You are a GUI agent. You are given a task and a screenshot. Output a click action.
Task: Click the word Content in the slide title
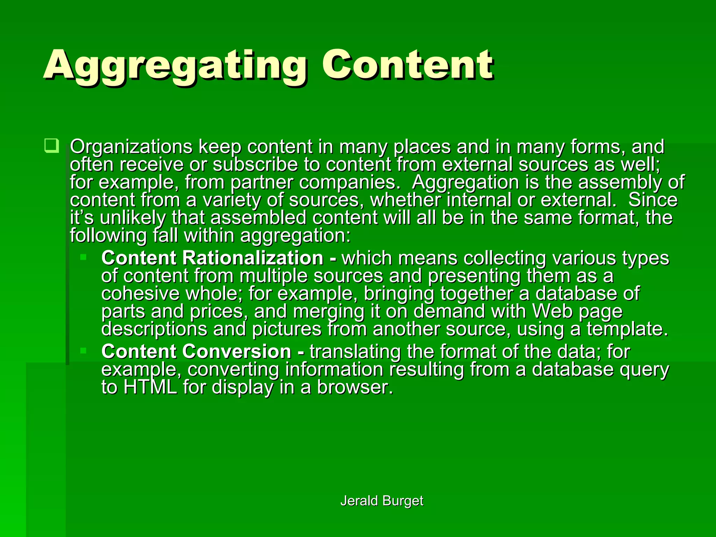[x=407, y=65]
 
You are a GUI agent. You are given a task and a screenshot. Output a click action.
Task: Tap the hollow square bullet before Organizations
[x=51, y=146]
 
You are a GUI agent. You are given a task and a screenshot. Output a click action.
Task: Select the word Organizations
[x=131, y=147]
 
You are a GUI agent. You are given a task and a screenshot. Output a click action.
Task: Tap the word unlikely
[x=133, y=218]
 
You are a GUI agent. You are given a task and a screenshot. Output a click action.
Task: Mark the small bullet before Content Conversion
[x=83, y=351]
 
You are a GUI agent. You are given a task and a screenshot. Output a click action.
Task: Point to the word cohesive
[x=140, y=293]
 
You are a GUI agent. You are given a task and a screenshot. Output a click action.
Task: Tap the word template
[x=627, y=329]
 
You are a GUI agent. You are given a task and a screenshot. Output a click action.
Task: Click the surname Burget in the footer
[x=403, y=501]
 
